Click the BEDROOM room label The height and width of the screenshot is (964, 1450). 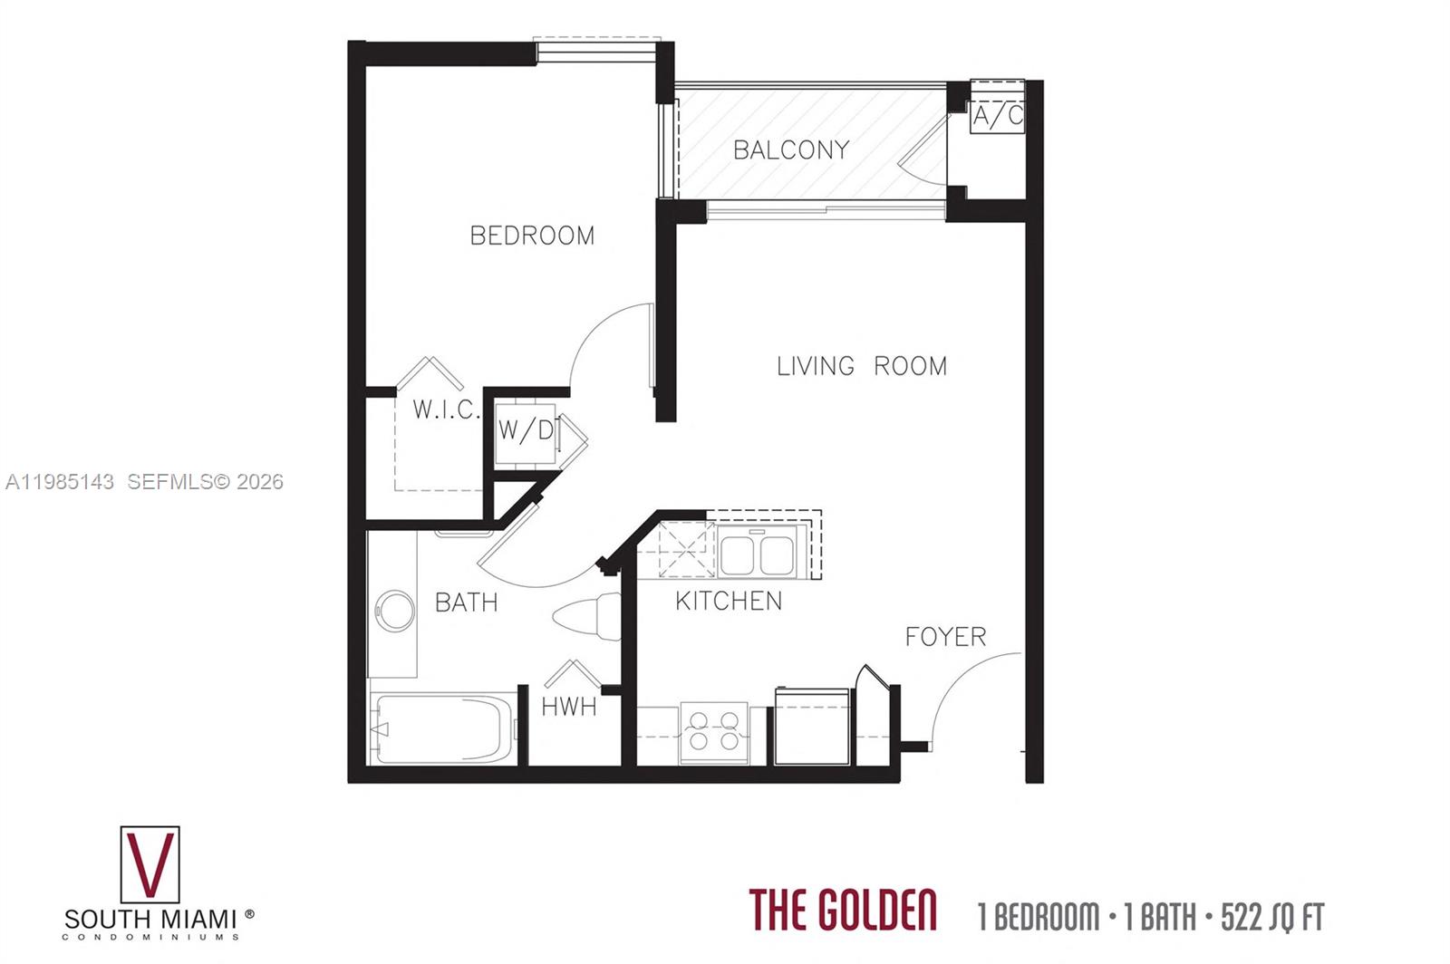click(x=532, y=236)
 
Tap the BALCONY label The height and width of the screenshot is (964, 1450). click(x=791, y=149)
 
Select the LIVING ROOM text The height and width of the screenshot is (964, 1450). click(x=861, y=366)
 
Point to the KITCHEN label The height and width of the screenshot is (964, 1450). click(x=729, y=601)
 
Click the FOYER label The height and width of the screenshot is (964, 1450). click(x=945, y=637)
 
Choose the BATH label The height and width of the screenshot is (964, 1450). click(x=466, y=602)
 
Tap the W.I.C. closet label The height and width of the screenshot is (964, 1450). click(x=445, y=410)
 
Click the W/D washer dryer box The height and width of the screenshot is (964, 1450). click(x=525, y=431)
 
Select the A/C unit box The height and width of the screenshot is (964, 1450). click(x=997, y=115)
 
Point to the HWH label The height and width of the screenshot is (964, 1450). click(x=569, y=707)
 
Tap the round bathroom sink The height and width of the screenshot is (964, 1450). click(x=395, y=612)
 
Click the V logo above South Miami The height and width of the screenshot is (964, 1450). click(x=150, y=864)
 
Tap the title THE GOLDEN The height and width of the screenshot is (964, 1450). click(x=842, y=911)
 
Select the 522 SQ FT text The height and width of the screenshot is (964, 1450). click(x=1271, y=917)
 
